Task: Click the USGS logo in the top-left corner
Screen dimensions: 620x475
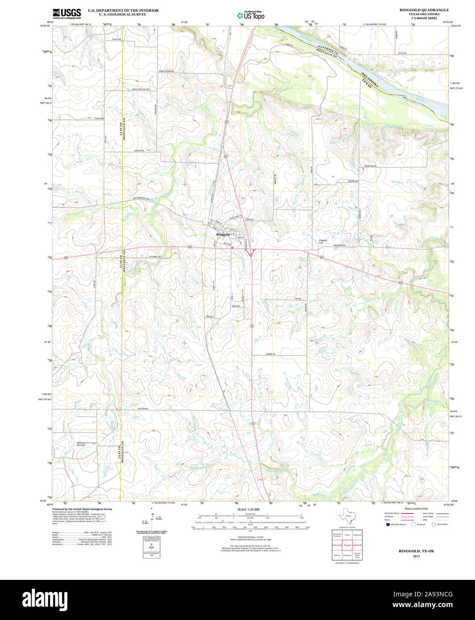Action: pos(66,13)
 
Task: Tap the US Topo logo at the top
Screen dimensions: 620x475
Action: pos(250,15)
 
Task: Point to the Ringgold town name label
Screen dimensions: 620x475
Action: pos(223,234)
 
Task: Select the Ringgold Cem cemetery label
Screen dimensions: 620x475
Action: pos(323,241)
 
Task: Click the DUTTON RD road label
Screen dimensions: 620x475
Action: pos(143,409)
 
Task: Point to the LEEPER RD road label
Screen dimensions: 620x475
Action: pos(270,354)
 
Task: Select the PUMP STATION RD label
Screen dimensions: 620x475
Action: pos(166,71)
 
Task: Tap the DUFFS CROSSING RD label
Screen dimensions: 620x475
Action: pos(140,89)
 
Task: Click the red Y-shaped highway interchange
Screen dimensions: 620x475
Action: pos(249,253)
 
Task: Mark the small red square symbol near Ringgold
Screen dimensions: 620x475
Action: pos(232,248)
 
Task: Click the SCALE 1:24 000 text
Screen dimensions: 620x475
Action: pos(248,509)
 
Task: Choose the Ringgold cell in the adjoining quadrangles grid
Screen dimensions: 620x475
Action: pos(347,545)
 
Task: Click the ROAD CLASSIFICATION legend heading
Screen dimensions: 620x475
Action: pos(416,508)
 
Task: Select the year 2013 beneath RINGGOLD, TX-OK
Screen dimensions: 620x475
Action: pos(416,556)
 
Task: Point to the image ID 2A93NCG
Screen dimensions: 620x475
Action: pos(429,594)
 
